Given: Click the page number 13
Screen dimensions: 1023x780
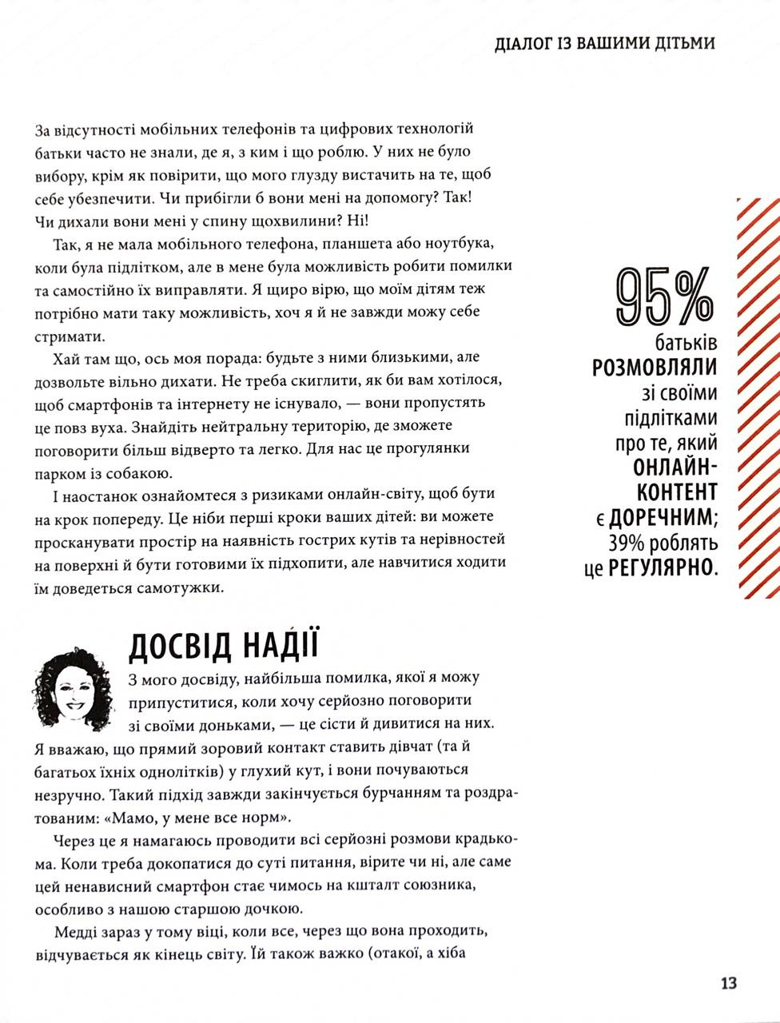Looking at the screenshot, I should (728, 983).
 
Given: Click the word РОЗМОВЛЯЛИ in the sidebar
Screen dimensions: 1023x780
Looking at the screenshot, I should (655, 367).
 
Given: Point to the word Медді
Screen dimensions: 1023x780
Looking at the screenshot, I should (77, 933).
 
